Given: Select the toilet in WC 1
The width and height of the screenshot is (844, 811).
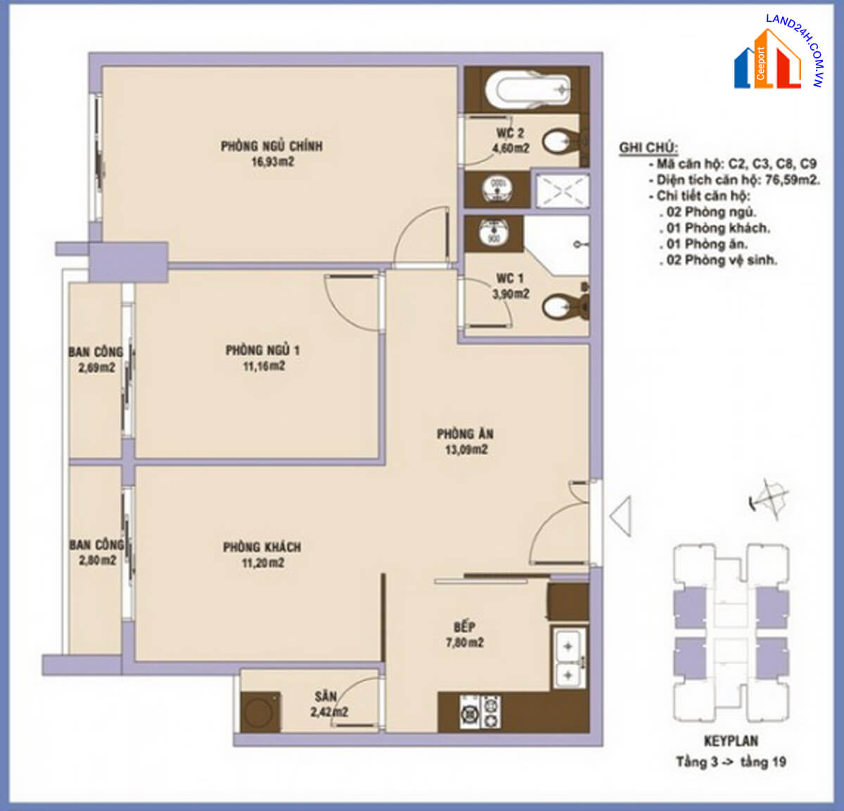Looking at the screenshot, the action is click(x=565, y=307).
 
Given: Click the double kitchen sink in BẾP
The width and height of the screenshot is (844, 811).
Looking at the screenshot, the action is click(x=568, y=660).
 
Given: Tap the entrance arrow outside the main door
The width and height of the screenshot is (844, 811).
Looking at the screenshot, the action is click(x=620, y=516).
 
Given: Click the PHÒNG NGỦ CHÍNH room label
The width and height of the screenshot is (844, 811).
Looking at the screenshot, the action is click(x=272, y=146).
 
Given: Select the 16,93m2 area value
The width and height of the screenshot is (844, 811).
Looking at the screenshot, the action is click(x=273, y=162).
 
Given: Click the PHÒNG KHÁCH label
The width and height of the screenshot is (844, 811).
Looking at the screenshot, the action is click(x=262, y=547).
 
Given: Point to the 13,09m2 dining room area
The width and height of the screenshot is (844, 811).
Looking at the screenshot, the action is click(x=466, y=449).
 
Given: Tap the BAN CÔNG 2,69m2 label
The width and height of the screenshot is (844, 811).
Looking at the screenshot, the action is click(x=96, y=360).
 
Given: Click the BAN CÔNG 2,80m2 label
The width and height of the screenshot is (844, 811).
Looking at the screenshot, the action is click(x=97, y=552).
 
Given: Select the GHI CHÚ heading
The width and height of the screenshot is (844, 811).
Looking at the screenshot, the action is click(x=648, y=148).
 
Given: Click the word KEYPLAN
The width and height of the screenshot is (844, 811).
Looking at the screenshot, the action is click(x=731, y=741).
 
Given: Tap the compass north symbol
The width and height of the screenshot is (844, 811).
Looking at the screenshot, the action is click(x=769, y=498).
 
